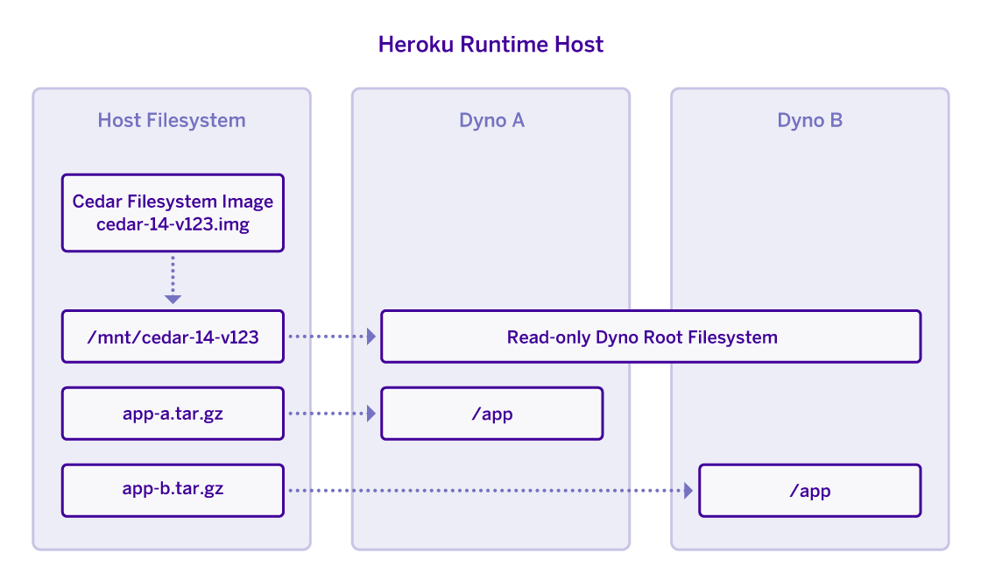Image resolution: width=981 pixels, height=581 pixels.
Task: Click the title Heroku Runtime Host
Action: coord(490,45)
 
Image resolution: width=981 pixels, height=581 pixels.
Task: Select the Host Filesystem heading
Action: coord(172,120)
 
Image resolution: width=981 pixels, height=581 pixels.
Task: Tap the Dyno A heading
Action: coord(491,120)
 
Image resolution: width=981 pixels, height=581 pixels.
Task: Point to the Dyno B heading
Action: coord(809,120)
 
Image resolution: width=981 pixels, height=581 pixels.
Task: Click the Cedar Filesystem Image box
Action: coord(173,213)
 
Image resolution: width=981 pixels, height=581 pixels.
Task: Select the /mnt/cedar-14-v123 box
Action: coord(173,337)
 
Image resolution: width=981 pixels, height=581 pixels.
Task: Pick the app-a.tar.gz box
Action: coord(173,414)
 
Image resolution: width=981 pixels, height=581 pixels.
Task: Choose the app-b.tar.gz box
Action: coord(173,490)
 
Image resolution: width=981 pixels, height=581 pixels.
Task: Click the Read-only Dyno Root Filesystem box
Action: coord(650,337)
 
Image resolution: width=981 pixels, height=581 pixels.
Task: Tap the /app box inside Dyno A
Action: coord(491,414)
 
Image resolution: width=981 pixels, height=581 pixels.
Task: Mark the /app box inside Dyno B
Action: coord(809,491)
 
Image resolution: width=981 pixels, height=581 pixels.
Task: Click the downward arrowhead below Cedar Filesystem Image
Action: coord(173,299)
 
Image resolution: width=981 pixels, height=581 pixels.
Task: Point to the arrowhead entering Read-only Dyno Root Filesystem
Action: coord(371,337)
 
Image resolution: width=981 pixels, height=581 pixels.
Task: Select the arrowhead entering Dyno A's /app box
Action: coord(371,414)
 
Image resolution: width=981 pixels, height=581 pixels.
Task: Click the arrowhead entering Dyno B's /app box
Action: coord(688,491)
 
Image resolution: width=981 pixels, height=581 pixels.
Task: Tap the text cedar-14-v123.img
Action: coord(173,225)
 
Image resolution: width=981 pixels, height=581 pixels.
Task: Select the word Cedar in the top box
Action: coord(95,202)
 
